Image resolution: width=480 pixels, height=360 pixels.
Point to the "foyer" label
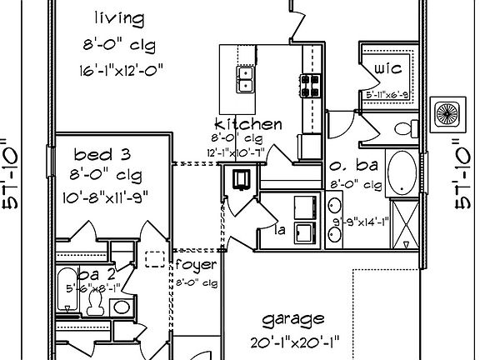coord(197,265)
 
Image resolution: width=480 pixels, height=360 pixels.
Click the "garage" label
coord(292,319)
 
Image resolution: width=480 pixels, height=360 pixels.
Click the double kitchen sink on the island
coord(246,79)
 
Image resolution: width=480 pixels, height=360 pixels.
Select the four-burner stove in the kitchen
coord(311,83)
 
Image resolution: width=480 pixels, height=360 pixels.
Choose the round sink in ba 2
coord(122,307)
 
